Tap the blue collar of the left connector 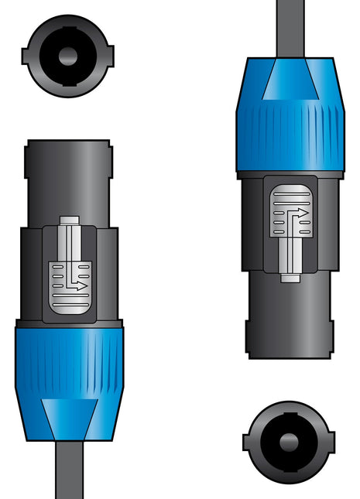tap(69, 361)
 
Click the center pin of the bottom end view tap(290, 441)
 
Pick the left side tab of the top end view tap(26, 56)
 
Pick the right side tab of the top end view tap(109, 56)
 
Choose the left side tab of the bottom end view tap(248, 442)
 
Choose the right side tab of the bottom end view tap(331, 442)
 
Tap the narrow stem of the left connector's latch tap(69, 240)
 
